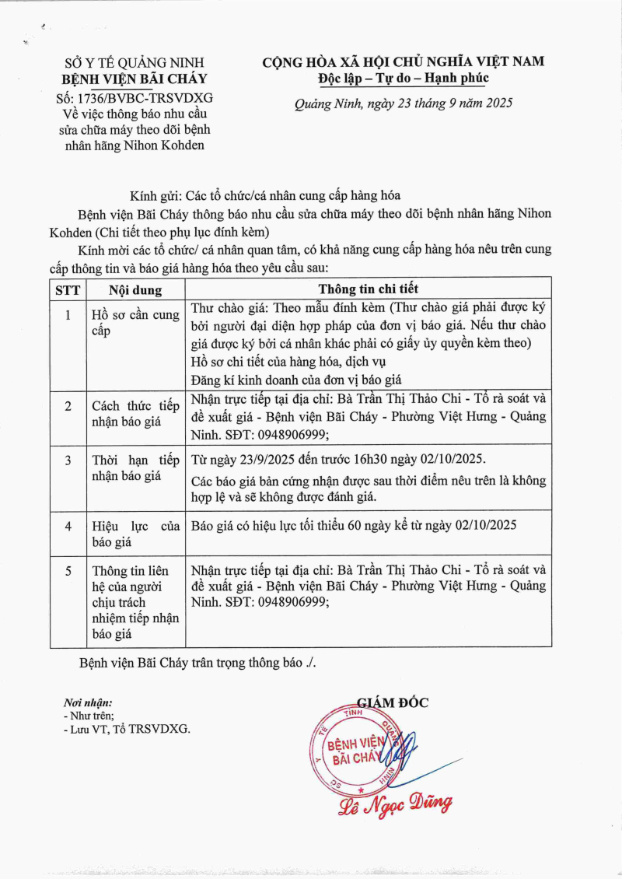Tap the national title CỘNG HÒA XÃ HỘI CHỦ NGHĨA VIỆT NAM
pos(403,61)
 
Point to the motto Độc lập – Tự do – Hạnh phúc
pos(403,78)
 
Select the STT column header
pos(68,290)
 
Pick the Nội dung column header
pos(135,290)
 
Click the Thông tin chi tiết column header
pos(368,289)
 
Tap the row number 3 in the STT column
pos(68,460)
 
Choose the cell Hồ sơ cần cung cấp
pos(135,323)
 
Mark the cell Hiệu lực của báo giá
pos(135,534)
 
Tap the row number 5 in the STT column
pos(68,571)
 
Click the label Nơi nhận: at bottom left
pos(88,703)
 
